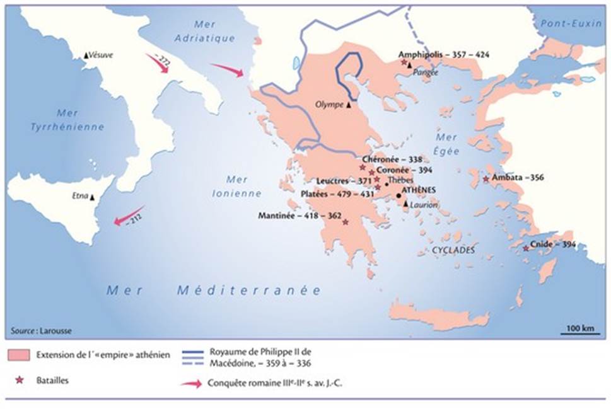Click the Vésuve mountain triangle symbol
pyautogui.click(x=86, y=55)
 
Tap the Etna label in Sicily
pyautogui.click(x=81, y=196)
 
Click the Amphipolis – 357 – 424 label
pyautogui.click(x=444, y=54)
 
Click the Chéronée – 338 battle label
pyautogui.click(x=392, y=159)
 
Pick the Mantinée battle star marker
pyautogui.click(x=344, y=222)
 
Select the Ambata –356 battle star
pyautogui.click(x=486, y=180)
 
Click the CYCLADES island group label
pyautogui.click(x=453, y=250)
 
